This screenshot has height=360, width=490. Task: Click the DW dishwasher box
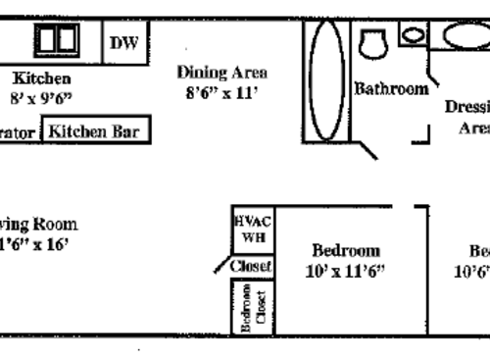pyautogui.click(x=124, y=42)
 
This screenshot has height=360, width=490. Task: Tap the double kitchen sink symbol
pyautogui.click(x=57, y=40)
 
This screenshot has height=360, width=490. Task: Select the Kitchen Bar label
pyautogui.click(x=95, y=130)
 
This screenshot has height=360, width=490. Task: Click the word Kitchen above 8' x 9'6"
pyautogui.click(x=41, y=77)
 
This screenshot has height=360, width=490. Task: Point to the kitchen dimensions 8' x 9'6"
pyautogui.click(x=41, y=98)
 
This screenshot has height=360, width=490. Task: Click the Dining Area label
pyautogui.click(x=221, y=72)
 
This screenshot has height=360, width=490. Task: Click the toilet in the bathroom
pyautogui.click(x=372, y=44)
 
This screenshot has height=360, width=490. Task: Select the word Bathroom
pyautogui.click(x=391, y=88)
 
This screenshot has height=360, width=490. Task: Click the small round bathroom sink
pyautogui.click(x=414, y=35)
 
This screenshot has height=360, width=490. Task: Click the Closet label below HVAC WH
pyautogui.click(x=251, y=266)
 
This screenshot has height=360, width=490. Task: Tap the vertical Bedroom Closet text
pyautogui.click(x=253, y=306)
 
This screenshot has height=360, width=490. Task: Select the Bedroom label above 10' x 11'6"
pyautogui.click(x=345, y=251)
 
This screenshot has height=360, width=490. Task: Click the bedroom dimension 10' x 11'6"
pyautogui.click(x=345, y=272)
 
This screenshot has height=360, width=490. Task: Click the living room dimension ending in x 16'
pyautogui.click(x=34, y=244)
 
